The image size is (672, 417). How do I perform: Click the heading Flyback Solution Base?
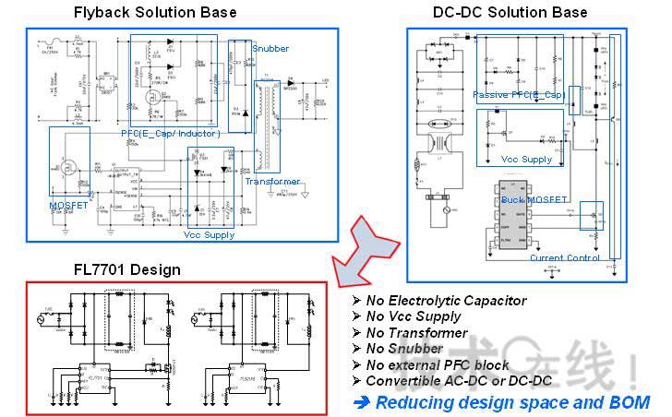[x=155, y=12]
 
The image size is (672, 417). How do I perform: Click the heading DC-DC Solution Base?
[x=510, y=12]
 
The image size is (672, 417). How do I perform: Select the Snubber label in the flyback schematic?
[x=270, y=48]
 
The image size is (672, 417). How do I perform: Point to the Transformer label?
[x=272, y=182]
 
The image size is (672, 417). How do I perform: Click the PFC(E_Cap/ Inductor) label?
[x=170, y=133]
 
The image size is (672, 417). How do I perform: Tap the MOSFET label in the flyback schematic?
[x=69, y=205]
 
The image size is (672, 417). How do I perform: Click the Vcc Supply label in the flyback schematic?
[x=209, y=234]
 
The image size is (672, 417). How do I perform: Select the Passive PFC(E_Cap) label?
[x=518, y=94]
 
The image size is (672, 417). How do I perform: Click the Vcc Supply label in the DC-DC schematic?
[x=527, y=159]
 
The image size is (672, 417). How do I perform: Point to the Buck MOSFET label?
[x=534, y=199]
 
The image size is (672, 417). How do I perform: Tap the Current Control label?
[x=565, y=258]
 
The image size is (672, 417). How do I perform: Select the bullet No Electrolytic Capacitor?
[x=446, y=301]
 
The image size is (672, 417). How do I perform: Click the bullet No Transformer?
[x=416, y=333]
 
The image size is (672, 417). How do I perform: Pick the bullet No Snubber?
[x=405, y=349]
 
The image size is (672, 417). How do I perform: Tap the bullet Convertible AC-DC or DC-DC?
[x=459, y=380]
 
